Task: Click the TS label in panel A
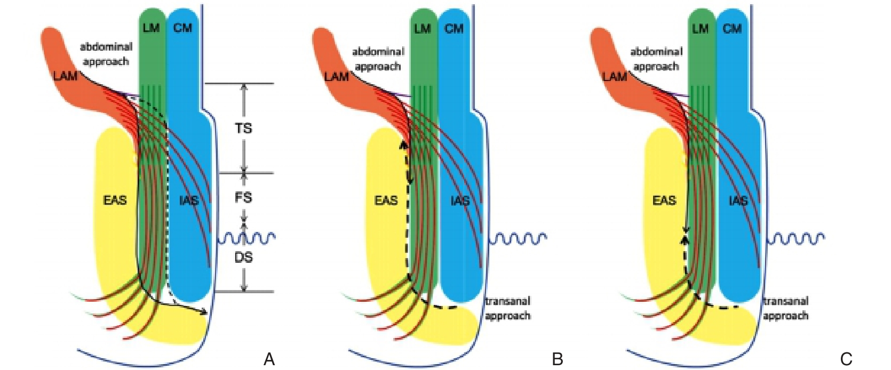tap(243, 128)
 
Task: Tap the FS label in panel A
tap(243, 197)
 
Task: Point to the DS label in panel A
tap(243, 258)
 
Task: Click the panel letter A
tap(269, 359)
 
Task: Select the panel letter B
tap(557, 359)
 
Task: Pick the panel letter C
tap(846, 359)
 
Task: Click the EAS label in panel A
tap(115, 200)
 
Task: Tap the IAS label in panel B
tap(460, 200)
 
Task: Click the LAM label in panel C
tap(615, 76)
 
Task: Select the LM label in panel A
tap(151, 28)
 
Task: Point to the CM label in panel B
tap(454, 28)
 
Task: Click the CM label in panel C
tap(733, 28)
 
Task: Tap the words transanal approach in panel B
tap(507, 308)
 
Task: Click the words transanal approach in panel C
tap(785, 308)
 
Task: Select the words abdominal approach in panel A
tap(106, 54)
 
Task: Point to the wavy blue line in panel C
tap(796, 238)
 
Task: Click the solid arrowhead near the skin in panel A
tap(203, 311)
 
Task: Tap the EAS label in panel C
tap(664, 200)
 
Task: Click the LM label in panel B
tap(423, 28)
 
